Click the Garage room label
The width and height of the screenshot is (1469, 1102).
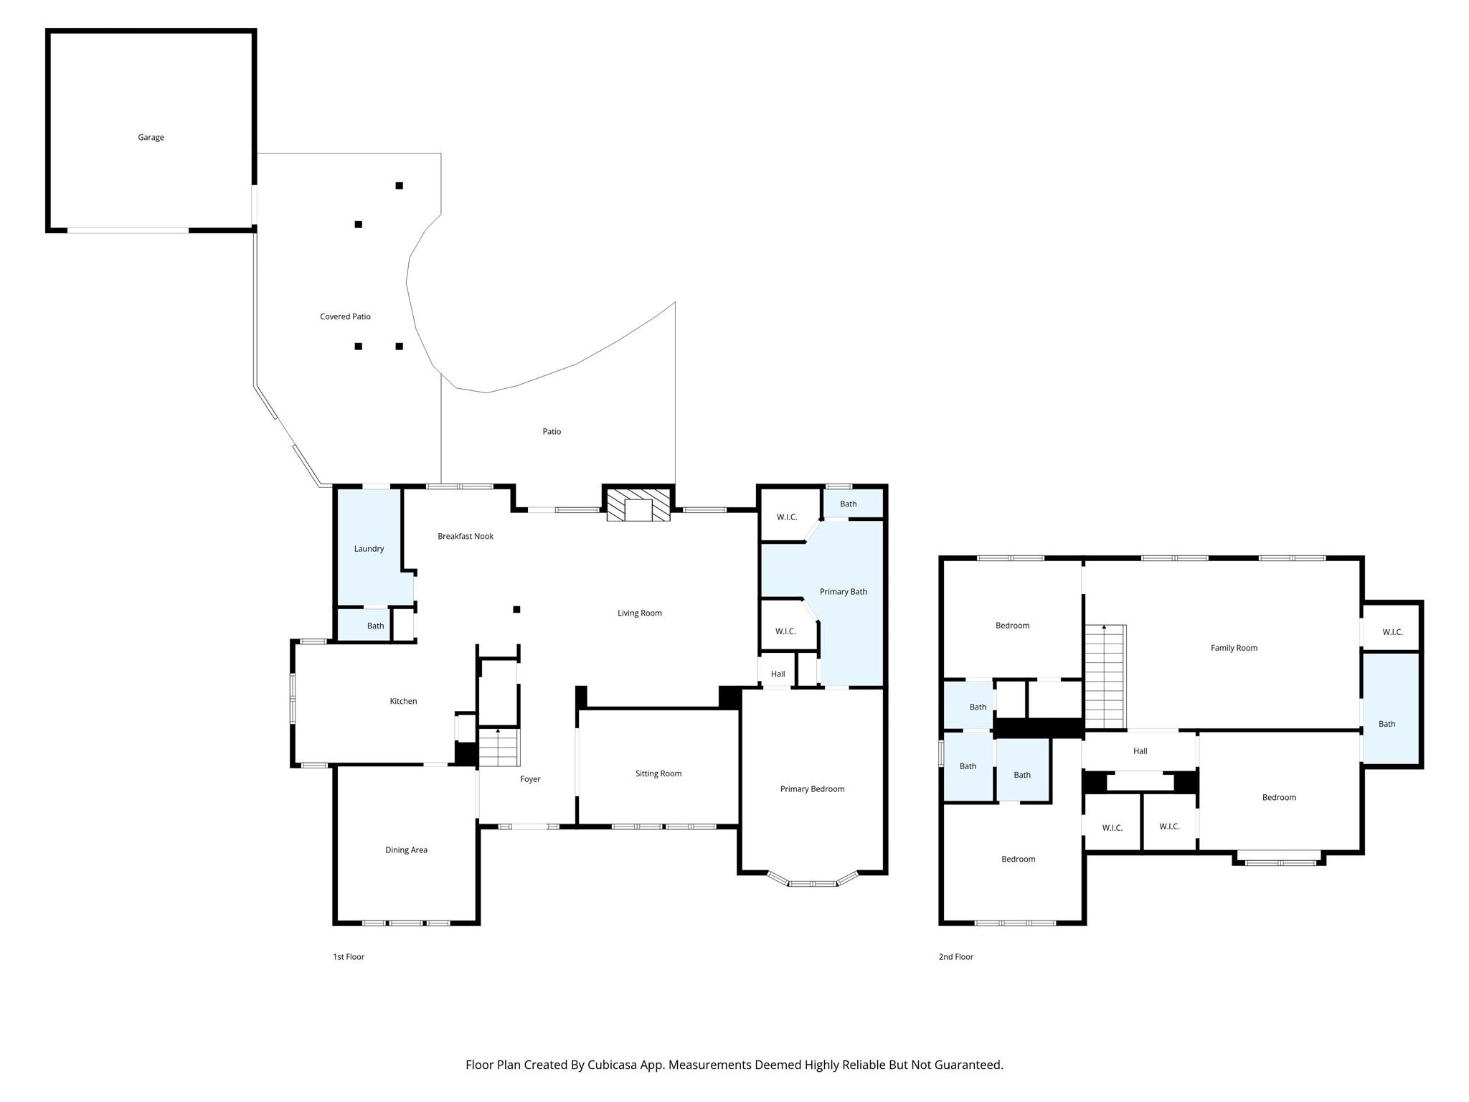pyautogui.click(x=151, y=137)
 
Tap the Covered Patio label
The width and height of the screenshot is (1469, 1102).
pyautogui.click(x=345, y=316)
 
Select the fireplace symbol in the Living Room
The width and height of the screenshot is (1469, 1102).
pyautogui.click(x=638, y=504)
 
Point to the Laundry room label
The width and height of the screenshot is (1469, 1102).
pyautogui.click(x=369, y=549)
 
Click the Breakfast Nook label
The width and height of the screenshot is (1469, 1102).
pyautogui.click(x=466, y=536)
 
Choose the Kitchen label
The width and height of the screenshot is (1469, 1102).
pyautogui.click(x=403, y=701)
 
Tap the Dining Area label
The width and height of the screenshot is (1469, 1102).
pyautogui.click(x=406, y=850)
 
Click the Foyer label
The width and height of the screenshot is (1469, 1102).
pyautogui.click(x=530, y=779)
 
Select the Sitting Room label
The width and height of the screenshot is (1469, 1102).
pyautogui.click(x=658, y=773)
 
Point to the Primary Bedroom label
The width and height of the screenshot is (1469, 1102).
pyautogui.click(x=812, y=789)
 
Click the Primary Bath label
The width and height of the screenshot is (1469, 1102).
pyautogui.click(x=844, y=592)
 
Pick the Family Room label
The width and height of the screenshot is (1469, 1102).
pyautogui.click(x=1234, y=648)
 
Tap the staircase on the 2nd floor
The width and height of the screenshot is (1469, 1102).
pyautogui.click(x=1105, y=677)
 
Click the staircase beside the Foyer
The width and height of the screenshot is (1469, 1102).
pyautogui.click(x=499, y=747)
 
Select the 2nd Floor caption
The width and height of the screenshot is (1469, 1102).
pyautogui.click(x=956, y=956)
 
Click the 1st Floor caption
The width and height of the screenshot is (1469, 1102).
pyautogui.click(x=349, y=956)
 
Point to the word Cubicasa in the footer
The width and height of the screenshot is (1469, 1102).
pyautogui.click(x=614, y=1065)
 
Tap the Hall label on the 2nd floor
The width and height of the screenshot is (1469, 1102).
pyautogui.click(x=1140, y=751)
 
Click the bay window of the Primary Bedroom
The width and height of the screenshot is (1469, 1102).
pyautogui.click(x=813, y=880)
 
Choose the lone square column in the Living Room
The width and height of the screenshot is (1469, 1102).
pyautogui.click(x=516, y=610)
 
